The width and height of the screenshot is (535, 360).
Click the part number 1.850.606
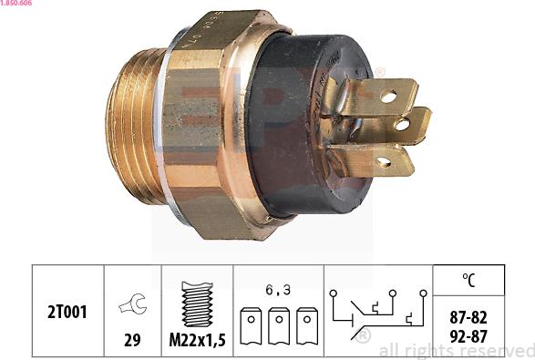pyautogui.click(x=18, y=5)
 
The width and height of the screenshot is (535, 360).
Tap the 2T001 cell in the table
pyautogui.click(x=68, y=312)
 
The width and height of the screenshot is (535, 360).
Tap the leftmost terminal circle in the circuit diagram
pyautogui.click(x=334, y=293)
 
